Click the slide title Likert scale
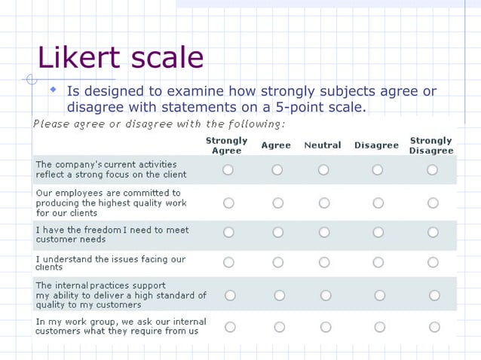121,58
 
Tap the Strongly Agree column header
226,145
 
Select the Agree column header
276,145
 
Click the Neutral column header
323,145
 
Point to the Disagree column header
377,145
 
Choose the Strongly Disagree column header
431,145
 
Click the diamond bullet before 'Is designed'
54,90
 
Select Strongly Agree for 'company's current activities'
228,170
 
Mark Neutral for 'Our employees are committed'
324,203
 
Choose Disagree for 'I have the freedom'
378,233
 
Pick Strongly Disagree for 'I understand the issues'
433,262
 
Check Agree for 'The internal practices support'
280,295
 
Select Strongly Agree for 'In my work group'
230,327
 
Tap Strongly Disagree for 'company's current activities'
432,170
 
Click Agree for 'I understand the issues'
278,262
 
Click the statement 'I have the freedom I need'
112,234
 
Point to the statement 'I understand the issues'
110,263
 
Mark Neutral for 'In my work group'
326,327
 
